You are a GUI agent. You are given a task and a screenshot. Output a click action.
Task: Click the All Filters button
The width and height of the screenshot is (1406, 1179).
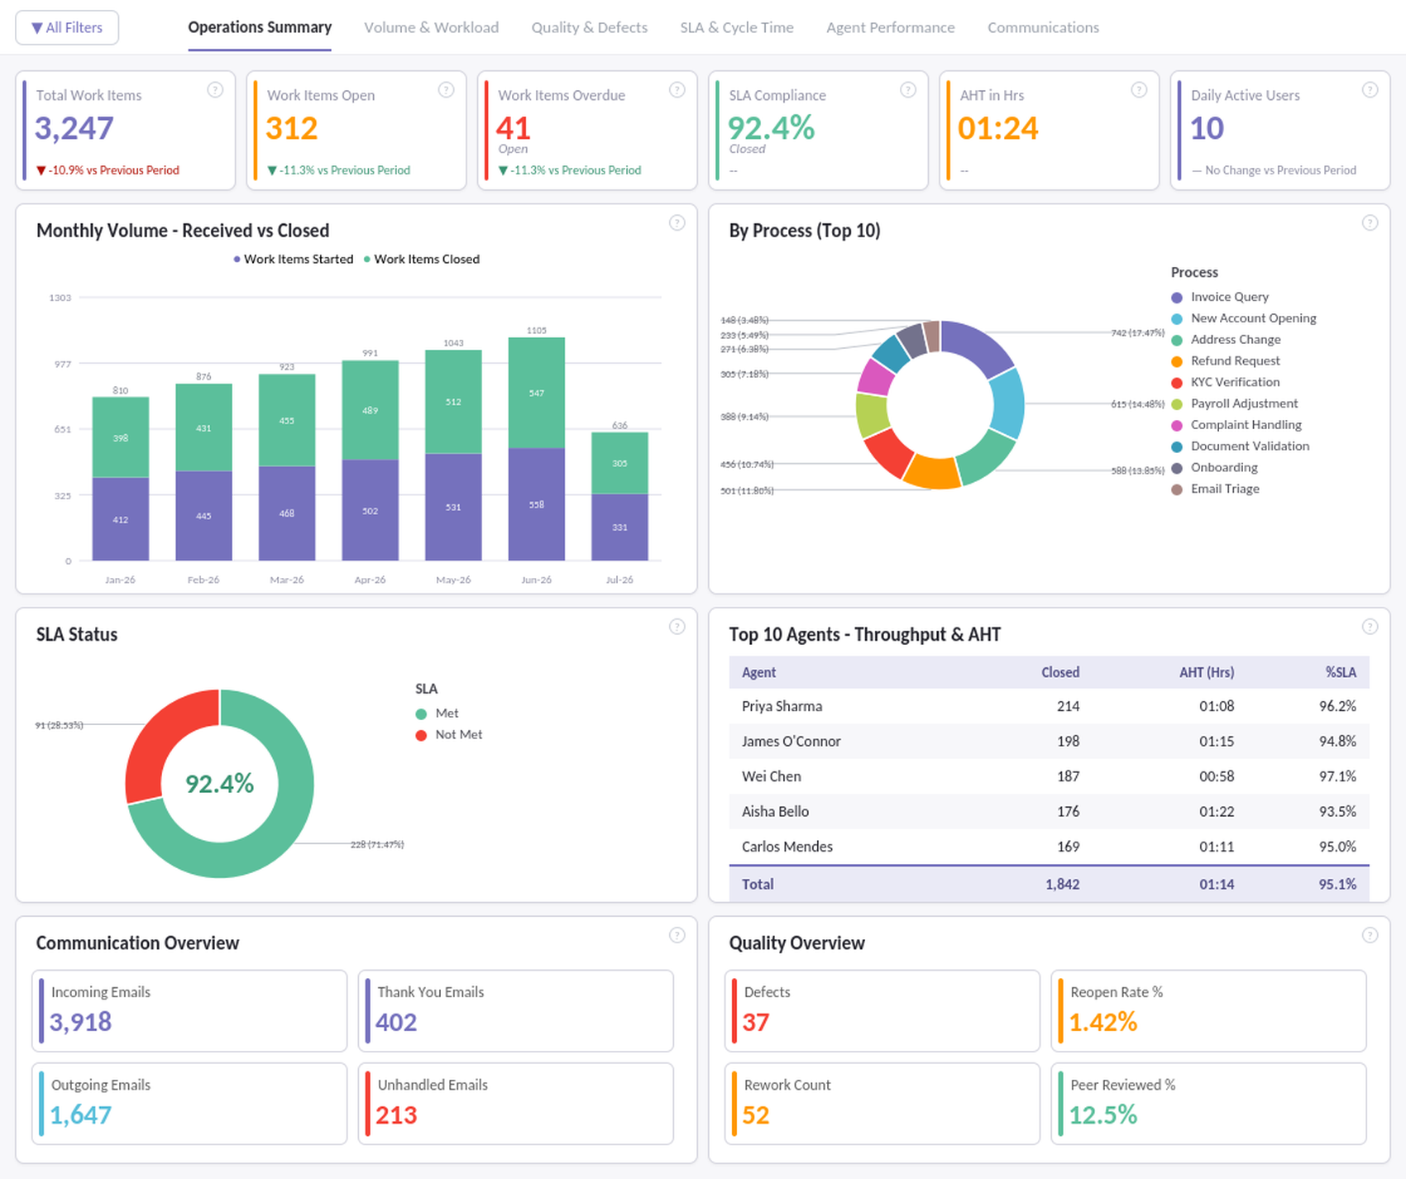[67, 27]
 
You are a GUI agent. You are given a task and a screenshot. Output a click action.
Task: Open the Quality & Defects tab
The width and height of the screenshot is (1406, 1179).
[589, 27]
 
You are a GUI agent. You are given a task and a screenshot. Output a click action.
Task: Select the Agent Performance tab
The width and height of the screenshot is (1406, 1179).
[890, 27]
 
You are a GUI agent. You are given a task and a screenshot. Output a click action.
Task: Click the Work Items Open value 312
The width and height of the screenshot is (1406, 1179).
[291, 128]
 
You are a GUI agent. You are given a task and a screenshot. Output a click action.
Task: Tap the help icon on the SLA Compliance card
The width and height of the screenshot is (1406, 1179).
[907, 90]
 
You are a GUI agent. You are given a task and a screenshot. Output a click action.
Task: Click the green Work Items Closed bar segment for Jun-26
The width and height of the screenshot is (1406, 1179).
[537, 393]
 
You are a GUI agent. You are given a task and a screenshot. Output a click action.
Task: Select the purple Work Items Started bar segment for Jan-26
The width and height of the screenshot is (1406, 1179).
[121, 519]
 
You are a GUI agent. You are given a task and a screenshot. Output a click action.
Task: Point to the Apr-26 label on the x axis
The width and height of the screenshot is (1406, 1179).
[370, 580]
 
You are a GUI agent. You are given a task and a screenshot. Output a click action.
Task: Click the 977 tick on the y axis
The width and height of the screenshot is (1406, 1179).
[63, 364]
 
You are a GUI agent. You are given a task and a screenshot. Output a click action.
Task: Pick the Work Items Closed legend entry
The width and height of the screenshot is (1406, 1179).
[422, 259]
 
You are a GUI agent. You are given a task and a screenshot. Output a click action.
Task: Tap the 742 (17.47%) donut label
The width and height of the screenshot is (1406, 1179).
[1137, 332]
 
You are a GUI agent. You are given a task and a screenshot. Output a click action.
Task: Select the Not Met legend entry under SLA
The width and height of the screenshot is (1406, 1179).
[449, 734]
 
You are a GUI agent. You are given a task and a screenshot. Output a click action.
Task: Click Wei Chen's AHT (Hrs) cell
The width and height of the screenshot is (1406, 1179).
[1217, 776]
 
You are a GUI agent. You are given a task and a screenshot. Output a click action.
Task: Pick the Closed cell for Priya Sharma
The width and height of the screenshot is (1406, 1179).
[1068, 706]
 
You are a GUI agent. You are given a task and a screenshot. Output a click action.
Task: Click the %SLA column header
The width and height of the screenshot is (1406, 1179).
[1341, 672]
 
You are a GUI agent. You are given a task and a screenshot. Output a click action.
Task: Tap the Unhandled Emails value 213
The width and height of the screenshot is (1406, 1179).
[396, 1115]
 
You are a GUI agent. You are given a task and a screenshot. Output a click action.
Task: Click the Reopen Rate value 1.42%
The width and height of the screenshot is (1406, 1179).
[1102, 1023]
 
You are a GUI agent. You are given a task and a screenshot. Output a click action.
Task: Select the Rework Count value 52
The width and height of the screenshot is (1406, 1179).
[756, 1115]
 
